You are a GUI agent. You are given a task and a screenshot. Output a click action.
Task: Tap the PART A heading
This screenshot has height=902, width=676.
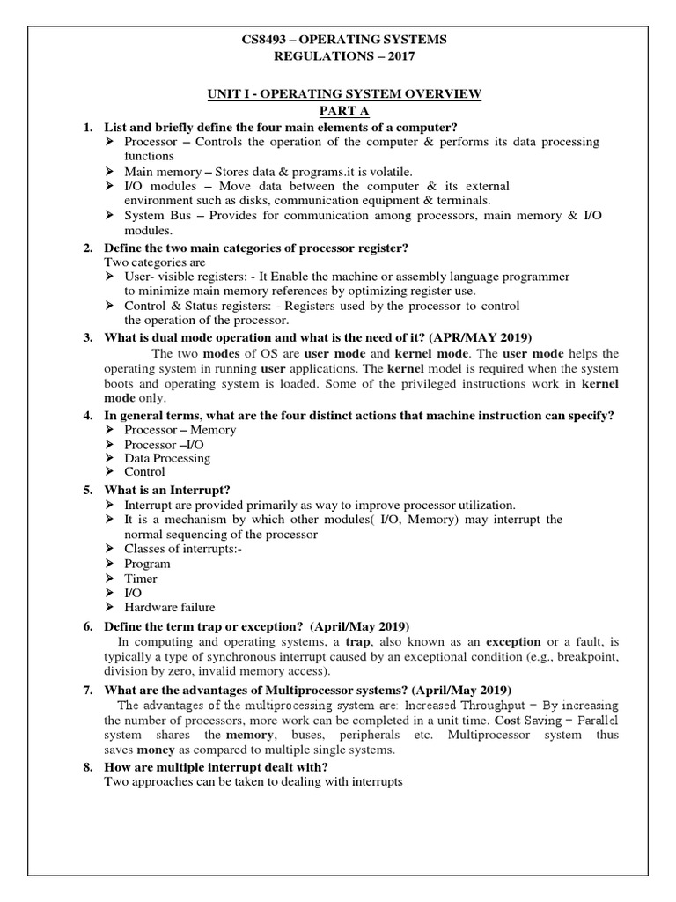click(x=338, y=111)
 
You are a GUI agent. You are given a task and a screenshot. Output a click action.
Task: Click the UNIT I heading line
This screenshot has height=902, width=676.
click(x=338, y=94)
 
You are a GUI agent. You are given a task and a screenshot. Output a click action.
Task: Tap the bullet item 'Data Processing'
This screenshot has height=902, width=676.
click(x=167, y=458)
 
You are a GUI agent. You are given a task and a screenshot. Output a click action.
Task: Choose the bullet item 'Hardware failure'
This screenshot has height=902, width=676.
click(x=169, y=607)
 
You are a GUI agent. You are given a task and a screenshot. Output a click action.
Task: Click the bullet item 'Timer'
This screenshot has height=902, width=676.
click(x=141, y=579)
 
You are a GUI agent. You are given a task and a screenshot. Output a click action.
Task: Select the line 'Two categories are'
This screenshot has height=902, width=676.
click(x=155, y=262)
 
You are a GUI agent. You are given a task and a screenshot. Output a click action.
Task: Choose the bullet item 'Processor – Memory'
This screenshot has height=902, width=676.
click(x=180, y=430)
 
